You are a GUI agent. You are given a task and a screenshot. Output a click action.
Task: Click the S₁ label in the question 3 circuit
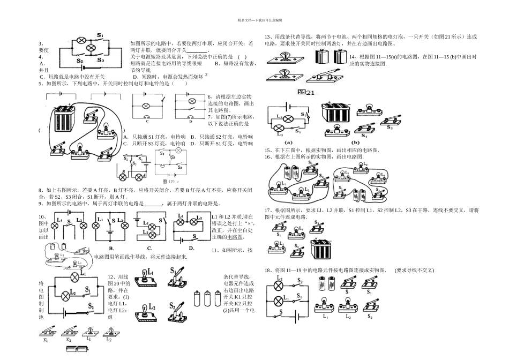click(x=100, y=35)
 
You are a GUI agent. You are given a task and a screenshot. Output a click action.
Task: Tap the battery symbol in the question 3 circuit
click(x=85, y=67)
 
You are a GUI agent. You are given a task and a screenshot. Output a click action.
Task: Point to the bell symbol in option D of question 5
click(x=190, y=116)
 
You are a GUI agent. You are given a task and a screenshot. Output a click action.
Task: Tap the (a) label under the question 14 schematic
click(x=288, y=142)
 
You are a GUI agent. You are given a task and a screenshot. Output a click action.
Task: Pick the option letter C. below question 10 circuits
click(x=149, y=248)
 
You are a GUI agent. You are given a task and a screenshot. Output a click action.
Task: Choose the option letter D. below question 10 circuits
click(x=191, y=248)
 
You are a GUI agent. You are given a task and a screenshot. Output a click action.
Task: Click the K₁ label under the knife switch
click(x=46, y=340)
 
